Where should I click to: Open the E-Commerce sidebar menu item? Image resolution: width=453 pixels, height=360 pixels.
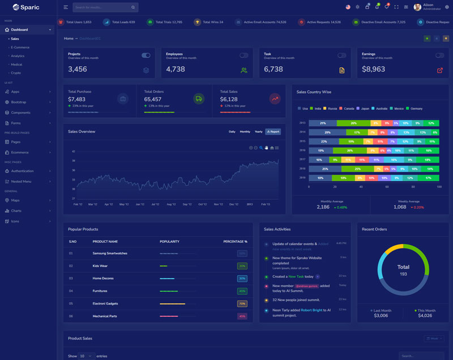point(20,47)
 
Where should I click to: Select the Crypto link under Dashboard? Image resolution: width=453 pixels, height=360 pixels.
point(16,72)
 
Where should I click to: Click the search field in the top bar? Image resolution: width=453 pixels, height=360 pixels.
point(102,7)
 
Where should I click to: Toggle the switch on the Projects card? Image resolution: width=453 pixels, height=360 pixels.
point(146,55)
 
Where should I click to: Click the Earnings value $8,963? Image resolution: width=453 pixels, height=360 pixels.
point(374,69)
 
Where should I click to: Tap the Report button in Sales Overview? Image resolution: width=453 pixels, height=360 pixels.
point(273,131)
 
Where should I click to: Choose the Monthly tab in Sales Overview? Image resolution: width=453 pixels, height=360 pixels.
point(245,131)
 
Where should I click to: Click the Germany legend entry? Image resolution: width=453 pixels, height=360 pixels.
point(416,108)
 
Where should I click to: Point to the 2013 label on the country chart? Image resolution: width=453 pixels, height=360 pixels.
point(302,123)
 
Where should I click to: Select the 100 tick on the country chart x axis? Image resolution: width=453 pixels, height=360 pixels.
point(439,186)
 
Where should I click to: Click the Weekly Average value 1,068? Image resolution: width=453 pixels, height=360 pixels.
point(400,207)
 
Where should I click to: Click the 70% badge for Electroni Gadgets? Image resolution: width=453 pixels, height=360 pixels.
point(242,303)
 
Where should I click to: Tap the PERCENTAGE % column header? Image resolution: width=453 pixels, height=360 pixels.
point(235,241)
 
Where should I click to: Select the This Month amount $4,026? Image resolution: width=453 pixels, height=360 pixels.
point(425,315)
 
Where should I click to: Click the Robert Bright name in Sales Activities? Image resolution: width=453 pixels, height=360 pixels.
point(312,310)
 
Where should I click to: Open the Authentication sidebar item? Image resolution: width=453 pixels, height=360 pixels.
point(23,171)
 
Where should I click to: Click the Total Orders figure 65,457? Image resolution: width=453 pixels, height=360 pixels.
point(153,99)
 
